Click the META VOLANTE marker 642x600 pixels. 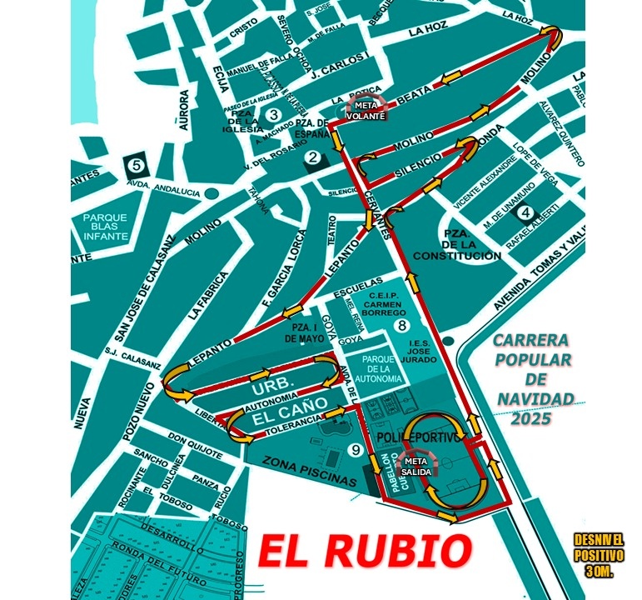click(x=366, y=111)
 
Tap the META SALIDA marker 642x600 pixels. click(x=417, y=466)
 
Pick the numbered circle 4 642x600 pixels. click(x=525, y=212)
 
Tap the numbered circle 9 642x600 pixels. click(x=356, y=451)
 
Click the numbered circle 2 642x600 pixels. click(x=313, y=157)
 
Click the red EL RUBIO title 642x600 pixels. click(x=364, y=550)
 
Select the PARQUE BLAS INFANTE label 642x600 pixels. click(x=105, y=227)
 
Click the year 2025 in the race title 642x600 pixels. click(x=533, y=419)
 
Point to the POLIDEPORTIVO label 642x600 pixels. click(x=418, y=437)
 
